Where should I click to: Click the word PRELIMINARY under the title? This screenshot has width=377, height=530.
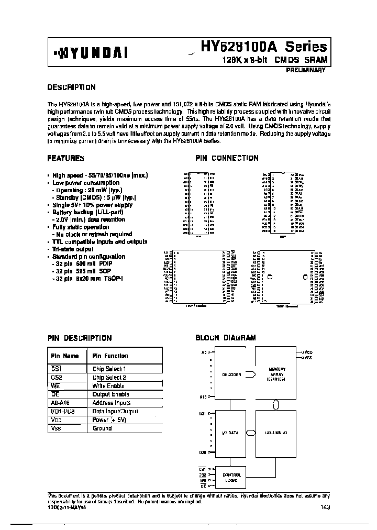(306, 70)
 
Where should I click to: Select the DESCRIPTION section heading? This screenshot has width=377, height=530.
(71, 87)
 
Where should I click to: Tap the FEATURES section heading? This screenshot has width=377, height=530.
(65, 157)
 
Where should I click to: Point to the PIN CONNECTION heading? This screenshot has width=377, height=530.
(227, 158)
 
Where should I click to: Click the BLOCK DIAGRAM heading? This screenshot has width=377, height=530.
(225, 338)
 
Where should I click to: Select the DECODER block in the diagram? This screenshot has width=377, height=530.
(231, 374)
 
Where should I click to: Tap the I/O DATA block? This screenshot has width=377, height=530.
(231, 433)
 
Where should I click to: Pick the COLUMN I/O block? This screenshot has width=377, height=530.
(277, 433)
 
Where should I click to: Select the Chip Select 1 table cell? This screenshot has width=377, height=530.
(109, 369)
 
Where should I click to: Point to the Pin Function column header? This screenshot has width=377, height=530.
(110, 356)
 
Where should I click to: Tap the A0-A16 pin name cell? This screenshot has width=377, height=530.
(61, 403)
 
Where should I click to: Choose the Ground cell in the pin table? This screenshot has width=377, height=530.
(102, 428)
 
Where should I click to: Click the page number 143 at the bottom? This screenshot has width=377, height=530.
(325, 506)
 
